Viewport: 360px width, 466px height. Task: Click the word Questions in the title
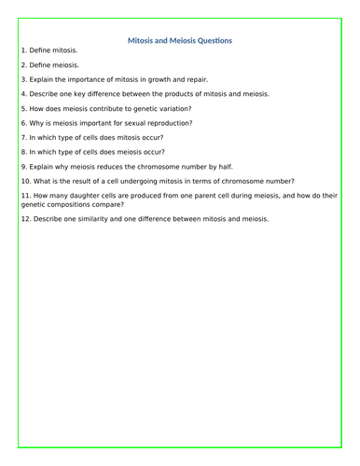pyautogui.click(x=210, y=40)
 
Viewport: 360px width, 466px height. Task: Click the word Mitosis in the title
pyautogui.click(x=141, y=40)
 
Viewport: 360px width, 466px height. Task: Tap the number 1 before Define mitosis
pyautogui.click(x=22, y=49)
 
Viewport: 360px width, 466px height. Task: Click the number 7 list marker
pyautogui.click(x=22, y=137)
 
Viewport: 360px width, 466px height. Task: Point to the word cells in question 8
pyautogui.click(x=90, y=152)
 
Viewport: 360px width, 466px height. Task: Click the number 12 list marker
pyautogui.click(x=24, y=219)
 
